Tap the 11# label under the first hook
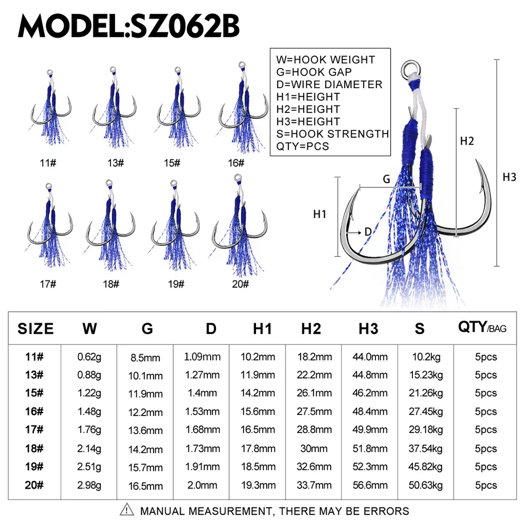[x=48, y=163]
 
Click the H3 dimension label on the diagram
[x=509, y=177]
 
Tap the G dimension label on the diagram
[x=386, y=180]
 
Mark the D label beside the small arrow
[x=368, y=231]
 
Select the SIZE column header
[x=36, y=329]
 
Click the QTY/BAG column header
[x=482, y=328]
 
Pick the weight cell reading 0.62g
[x=90, y=357]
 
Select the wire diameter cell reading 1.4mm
[x=202, y=393]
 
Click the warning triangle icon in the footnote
[x=127, y=510]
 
